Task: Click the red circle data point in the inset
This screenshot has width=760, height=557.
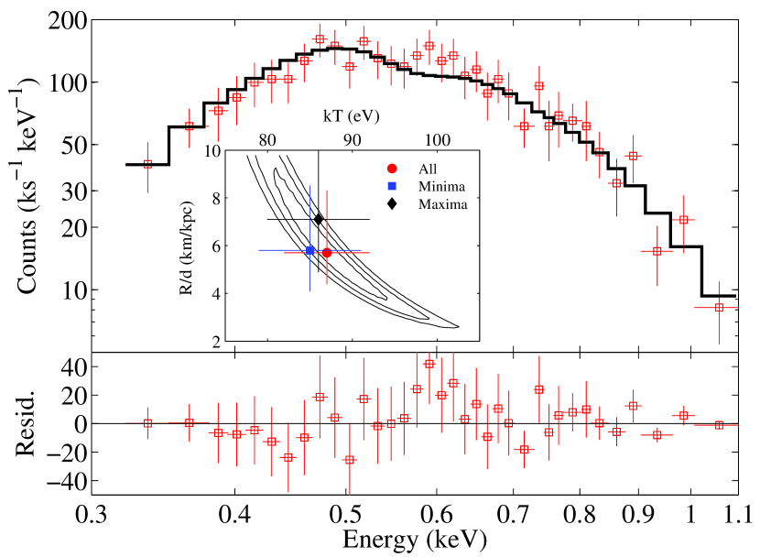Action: pyautogui.click(x=327, y=252)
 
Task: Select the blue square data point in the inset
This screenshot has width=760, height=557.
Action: pyautogui.click(x=309, y=250)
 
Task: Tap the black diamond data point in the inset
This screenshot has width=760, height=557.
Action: pyautogui.click(x=319, y=219)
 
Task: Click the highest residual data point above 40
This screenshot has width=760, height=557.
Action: pyautogui.click(x=429, y=364)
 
